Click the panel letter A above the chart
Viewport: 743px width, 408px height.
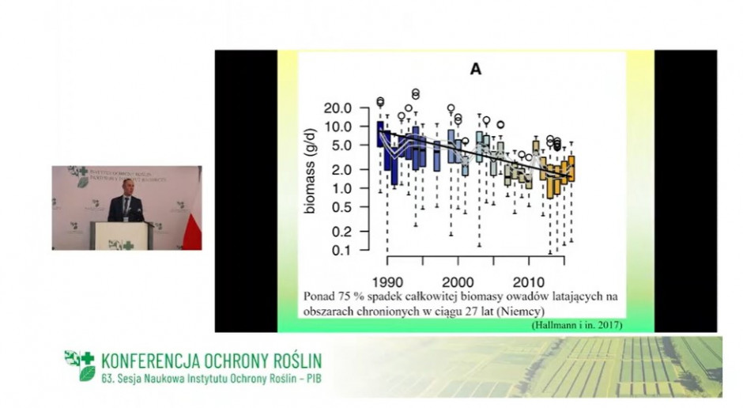tap(476, 70)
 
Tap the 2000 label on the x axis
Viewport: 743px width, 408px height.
tap(458, 281)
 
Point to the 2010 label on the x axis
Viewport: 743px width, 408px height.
tap(528, 281)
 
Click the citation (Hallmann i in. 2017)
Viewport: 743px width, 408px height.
tap(577, 324)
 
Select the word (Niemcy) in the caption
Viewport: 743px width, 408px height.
tap(515, 311)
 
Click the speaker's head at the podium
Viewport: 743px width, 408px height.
tap(126, 185)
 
